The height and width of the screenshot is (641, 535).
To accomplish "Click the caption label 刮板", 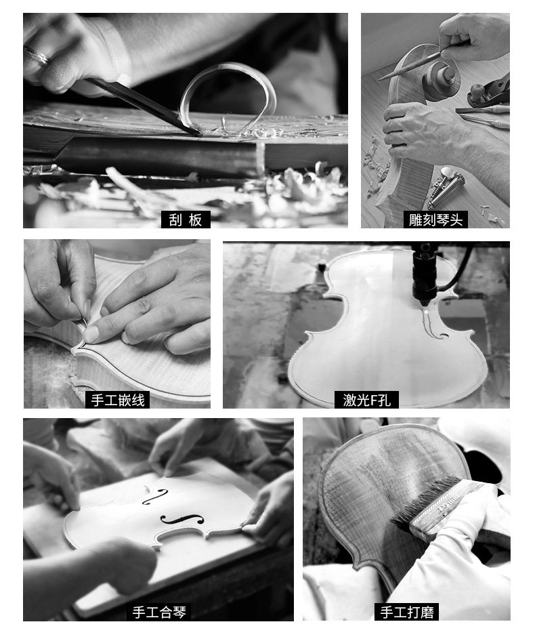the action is (x=186, y=220).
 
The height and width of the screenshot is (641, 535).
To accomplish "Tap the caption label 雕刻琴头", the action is (x=435, y=220).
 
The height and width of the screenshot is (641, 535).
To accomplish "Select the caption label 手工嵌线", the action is (x=118, y=400).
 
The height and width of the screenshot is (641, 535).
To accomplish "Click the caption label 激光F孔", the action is (x=366, y=400).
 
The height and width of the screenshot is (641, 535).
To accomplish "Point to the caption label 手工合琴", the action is (x=159, y=612).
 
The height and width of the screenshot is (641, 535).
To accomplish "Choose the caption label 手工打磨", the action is (x=407, y=612).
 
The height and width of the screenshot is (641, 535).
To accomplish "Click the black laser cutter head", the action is (x=423, y=274).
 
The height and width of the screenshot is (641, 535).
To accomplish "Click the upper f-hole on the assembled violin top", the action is (x=155, y=496).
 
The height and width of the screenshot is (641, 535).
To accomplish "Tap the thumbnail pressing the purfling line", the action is (x=91, y=334).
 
